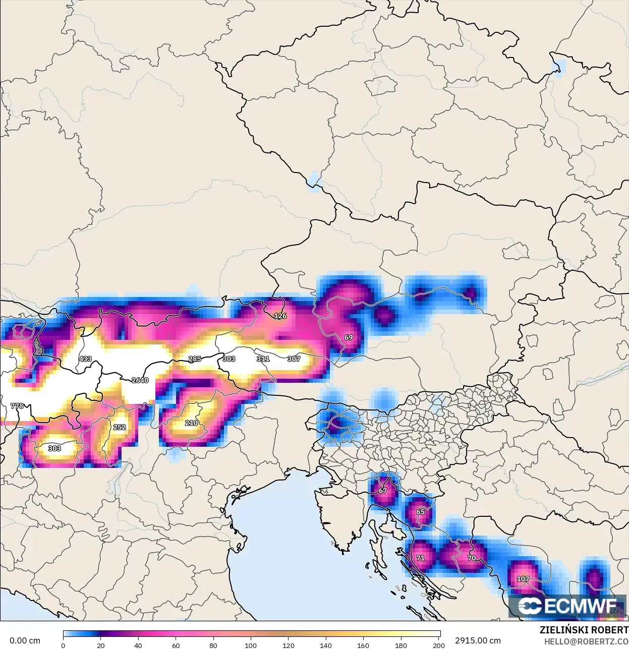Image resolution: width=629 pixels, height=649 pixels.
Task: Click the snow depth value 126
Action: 280,316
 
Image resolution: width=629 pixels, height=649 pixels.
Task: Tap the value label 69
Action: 349,337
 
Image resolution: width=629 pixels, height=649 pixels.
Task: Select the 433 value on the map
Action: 85,359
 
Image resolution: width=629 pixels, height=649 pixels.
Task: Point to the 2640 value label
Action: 140,380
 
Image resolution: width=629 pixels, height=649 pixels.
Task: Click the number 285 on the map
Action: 195,359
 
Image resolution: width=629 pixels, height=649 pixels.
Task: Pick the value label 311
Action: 263,359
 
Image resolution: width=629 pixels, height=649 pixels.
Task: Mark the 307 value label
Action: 294,359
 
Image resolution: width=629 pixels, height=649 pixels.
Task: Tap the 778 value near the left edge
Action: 17,406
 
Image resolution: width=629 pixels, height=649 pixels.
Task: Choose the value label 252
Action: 120,427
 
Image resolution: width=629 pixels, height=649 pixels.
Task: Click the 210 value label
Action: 191,423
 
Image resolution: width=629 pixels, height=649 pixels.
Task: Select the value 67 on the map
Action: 383,491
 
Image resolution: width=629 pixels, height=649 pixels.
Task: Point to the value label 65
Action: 420,512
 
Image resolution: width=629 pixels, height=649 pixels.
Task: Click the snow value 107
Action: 523,579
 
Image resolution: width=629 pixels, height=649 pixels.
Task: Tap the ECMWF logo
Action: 567,606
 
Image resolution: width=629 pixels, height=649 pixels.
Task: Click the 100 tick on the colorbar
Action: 251,645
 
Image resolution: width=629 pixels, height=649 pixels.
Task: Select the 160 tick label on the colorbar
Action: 363,645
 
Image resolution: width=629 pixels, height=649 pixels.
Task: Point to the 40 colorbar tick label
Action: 138,645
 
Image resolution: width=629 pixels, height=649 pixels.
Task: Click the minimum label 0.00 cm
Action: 25,641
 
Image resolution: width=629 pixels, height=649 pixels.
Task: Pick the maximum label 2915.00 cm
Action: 478,641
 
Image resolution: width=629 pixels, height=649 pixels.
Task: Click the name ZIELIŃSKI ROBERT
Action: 584,630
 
